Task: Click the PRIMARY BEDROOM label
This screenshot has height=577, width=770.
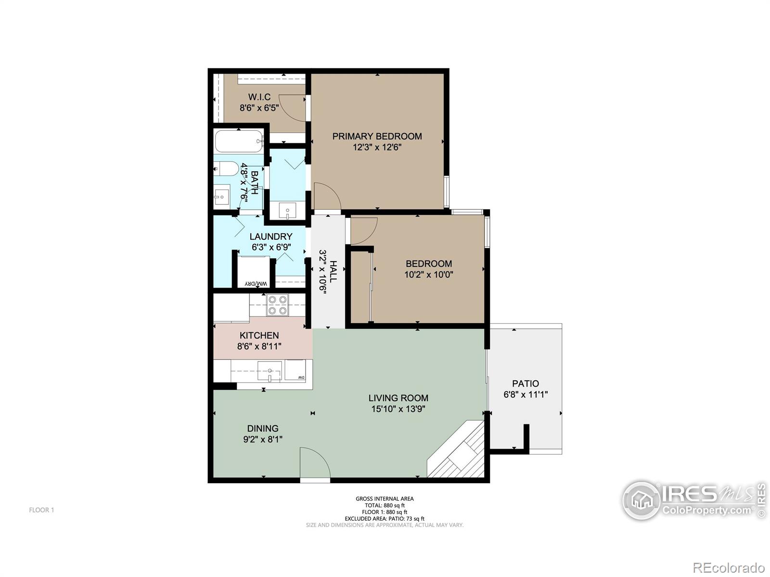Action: click(377, 136)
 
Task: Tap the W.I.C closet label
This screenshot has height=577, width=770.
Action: click(259, 97)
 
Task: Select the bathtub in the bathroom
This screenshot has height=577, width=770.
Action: click(239, 141)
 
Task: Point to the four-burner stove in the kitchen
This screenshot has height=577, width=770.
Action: click(277, 305)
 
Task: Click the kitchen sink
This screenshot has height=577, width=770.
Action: click(269, 371)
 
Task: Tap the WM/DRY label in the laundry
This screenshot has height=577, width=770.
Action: click(256, 283)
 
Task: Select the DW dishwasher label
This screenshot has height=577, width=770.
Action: click(301, 377)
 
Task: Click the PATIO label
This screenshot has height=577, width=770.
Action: click(525, 384)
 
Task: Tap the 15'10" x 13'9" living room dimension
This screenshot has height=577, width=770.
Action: click(398, 409)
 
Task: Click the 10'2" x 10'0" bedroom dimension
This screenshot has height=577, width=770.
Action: click(429, 274)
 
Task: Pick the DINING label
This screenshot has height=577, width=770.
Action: click(263, 428)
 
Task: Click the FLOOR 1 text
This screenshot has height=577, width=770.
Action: click(41, 510)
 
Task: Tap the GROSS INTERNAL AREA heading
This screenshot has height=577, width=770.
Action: click(385, 499)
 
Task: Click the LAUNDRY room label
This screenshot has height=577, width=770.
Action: click(271, 237)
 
